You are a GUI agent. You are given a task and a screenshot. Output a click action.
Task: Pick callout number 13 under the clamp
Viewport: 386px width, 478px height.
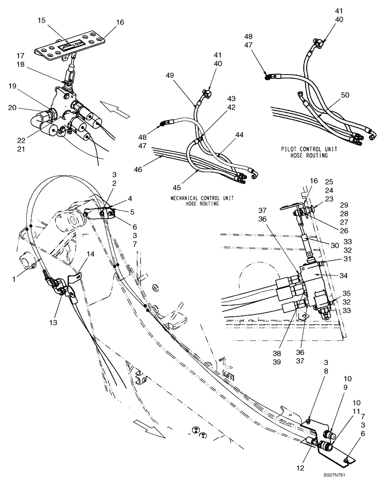[53, 323]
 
